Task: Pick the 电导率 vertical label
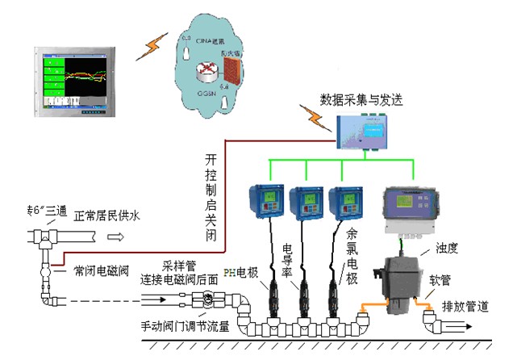(287, 258)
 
